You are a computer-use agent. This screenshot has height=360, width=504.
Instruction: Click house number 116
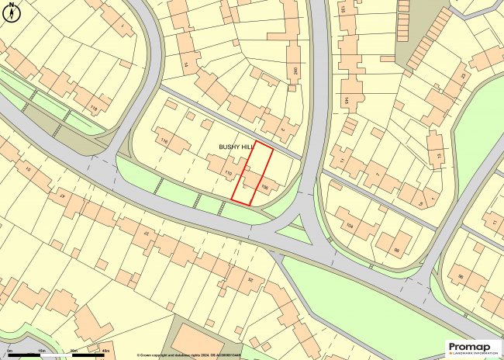(164, 140)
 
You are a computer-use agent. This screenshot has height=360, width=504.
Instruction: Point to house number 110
(229, 172)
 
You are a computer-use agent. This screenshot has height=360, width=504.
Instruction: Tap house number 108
(265, 186)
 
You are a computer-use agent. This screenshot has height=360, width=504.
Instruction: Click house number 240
(295, 71)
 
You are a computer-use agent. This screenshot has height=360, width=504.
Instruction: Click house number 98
(395, 250)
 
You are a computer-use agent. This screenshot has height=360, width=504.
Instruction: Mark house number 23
(250, 279)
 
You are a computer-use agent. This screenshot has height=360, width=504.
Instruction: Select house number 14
(186, 64)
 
